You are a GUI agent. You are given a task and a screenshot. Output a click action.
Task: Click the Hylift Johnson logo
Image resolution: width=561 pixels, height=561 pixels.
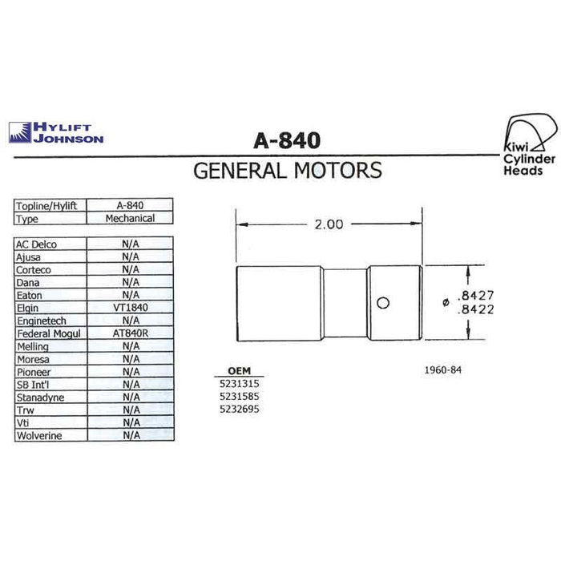coord(56,133)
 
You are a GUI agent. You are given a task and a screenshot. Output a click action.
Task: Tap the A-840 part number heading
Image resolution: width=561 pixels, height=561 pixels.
coord(287,140)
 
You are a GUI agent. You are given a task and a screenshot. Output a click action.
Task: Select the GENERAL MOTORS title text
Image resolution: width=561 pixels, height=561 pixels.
coord(288,170)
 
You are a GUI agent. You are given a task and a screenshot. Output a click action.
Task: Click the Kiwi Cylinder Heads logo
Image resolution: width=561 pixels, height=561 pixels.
coord(530,144)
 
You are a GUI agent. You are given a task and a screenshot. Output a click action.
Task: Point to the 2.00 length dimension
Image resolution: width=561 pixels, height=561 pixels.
coord(329,224)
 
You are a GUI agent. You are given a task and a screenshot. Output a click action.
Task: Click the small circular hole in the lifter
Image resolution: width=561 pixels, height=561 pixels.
coord(383,303)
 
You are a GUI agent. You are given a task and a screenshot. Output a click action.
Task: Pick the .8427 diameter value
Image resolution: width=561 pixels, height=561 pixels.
coord(475,296)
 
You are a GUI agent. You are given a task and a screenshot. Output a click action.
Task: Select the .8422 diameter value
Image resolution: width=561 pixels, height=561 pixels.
coord(475,309)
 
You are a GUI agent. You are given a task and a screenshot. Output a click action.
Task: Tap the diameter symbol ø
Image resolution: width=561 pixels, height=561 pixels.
coord(446,303)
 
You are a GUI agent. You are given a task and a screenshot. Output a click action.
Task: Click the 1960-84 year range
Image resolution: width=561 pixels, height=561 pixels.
coord(443,369)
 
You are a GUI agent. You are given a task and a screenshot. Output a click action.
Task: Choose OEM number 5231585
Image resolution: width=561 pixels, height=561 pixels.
coord(240,397)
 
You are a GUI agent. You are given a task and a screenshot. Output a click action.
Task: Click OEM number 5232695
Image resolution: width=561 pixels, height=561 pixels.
coord(240,409)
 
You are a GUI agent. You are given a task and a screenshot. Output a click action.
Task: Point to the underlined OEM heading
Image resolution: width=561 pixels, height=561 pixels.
coord(240,371)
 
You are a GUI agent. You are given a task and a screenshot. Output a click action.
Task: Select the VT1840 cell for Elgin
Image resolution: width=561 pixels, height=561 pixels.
coord(130,307)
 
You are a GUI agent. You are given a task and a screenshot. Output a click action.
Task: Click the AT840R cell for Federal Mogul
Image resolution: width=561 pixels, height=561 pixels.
coord(130,333)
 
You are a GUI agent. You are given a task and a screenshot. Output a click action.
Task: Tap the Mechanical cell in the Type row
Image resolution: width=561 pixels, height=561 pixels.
coord(130,218)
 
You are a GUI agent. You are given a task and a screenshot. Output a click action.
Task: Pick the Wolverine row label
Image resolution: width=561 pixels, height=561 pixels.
coord(39,436)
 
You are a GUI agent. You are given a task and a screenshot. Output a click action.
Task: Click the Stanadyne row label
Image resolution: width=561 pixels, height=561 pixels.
coord(40,398)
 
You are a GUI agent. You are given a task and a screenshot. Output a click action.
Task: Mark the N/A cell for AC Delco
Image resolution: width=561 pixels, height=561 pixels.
coord(130,244)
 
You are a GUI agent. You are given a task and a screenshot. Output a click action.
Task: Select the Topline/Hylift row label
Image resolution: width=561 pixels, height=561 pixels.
coord(46,206)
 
